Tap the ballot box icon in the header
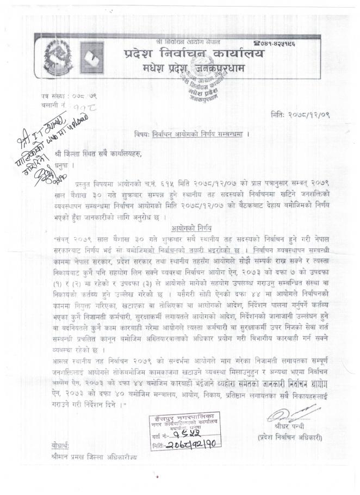91,57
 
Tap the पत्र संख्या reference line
65,96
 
